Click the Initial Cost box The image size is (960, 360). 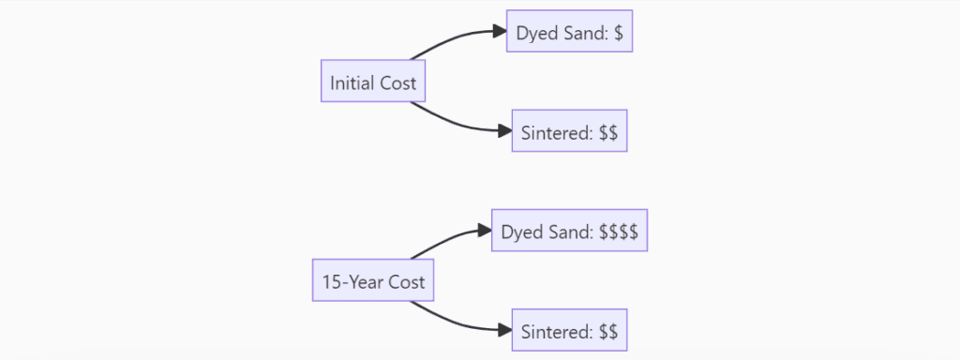[x=373, y=83]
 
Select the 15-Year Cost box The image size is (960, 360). [x=373, y=281]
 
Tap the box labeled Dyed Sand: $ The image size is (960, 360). [x=569, y=33]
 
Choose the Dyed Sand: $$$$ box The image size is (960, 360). [x=569, y=231]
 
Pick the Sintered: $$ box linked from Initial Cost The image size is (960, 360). [x=569, y=132]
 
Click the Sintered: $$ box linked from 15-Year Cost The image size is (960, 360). [x=569, y=330]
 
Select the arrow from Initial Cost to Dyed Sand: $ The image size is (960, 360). [x=450, y=40]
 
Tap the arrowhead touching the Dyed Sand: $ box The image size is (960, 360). [x=500, y=32]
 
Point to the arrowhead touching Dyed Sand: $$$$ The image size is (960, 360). [x=485, y=231]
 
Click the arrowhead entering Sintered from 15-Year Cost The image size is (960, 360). [x=504, y=330]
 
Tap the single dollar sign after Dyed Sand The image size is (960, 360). [x=619, y=33]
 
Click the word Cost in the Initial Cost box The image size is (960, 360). [x=397, y=83]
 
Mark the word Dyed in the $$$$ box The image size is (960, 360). [x=519, y=231]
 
